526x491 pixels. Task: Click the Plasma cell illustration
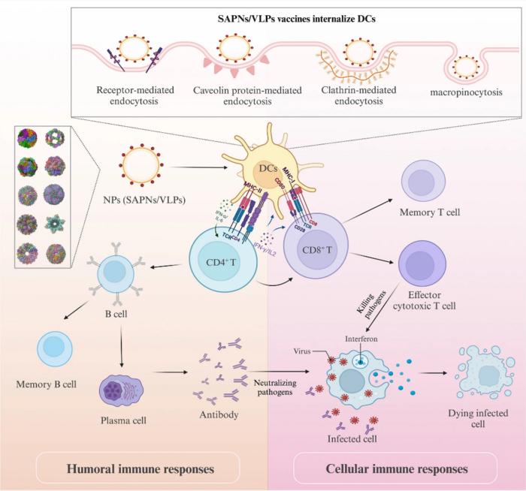coord(121,390)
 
